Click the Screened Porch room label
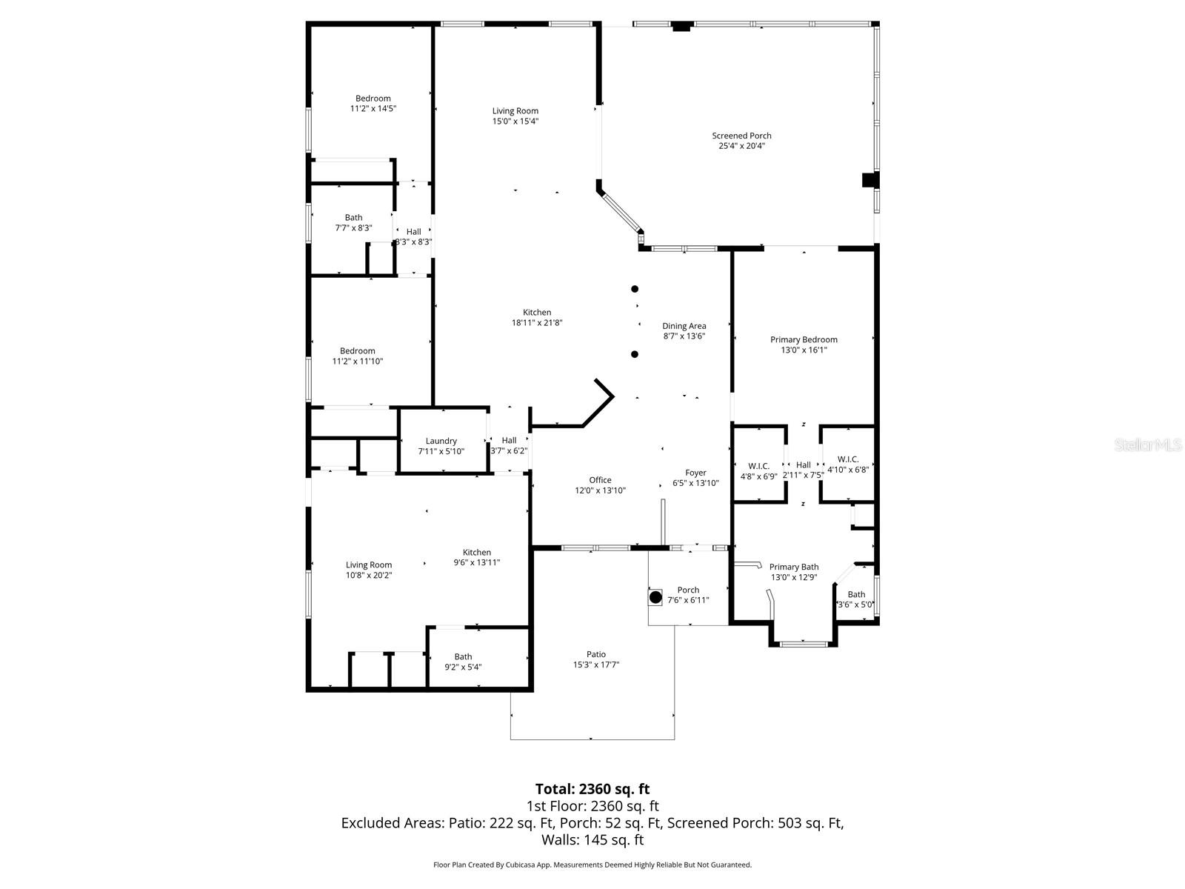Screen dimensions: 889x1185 pos(741,136)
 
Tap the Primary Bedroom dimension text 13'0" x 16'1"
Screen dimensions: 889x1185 pos(804,350)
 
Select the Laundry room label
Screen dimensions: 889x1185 pos(441,441)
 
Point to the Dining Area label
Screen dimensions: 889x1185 pos(684,326)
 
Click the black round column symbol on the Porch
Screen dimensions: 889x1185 pos(655,596)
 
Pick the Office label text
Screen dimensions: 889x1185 pos(600,480)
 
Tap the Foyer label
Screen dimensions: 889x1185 pos(695,473)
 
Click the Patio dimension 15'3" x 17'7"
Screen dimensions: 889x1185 pos(596,665)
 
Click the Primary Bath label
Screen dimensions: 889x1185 pos(794,567)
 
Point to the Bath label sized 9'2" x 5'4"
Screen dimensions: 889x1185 pos(463,656)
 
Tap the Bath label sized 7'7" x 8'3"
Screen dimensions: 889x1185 pos(353,218)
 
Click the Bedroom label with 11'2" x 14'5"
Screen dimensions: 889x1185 pos(373,99)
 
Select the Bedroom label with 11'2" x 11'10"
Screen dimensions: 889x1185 pos(357,351)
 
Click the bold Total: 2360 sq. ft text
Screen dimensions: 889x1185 pos(592,788)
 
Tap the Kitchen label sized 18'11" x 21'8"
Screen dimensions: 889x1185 pos(537,313)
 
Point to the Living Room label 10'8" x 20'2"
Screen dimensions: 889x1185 pos(368,565)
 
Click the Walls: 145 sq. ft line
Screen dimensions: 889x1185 pos(592,840)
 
